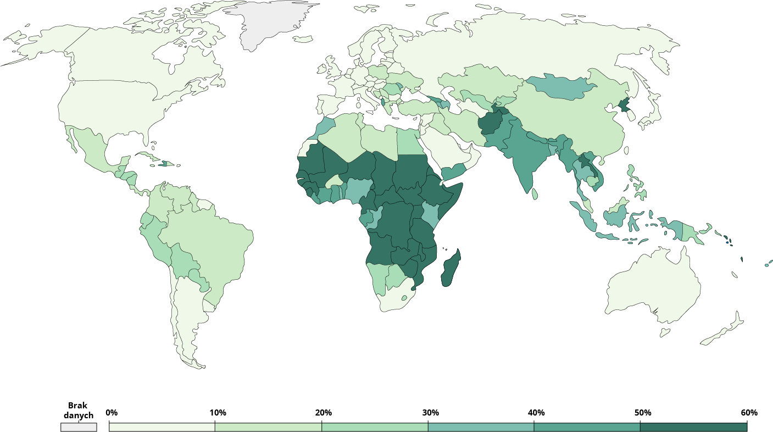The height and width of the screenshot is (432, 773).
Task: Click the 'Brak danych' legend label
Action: (78, 411)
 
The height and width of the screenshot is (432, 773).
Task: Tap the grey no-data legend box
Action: (79, 427)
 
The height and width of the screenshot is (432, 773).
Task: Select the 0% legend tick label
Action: (111, 413)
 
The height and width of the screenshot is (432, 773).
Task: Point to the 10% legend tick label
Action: (218, 413)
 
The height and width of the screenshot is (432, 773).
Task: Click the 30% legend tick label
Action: (430, 413)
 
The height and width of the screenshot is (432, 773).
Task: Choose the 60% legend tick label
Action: (749, 413)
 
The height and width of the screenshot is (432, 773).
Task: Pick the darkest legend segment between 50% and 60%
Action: (693, 427)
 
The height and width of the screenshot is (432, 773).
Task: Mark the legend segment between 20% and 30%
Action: (374, 427)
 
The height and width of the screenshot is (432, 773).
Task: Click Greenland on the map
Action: (269, 25)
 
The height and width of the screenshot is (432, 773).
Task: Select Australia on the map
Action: (654, 286)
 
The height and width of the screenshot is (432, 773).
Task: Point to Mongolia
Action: (560, 87)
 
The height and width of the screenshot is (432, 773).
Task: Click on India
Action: (522, 159)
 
